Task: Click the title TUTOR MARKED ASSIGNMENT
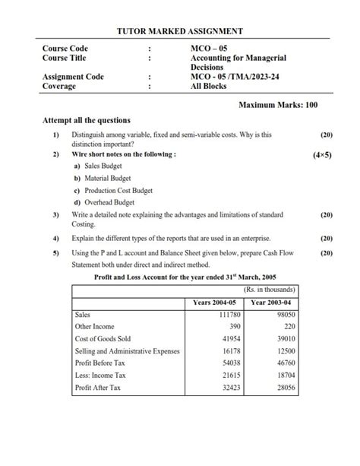pyautogui.click(x=180, y=31)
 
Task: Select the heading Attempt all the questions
pyautogui.click(x=87, y=120)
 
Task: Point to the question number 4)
pyautogui.click(x=56, y=238)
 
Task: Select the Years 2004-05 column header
pyautogui.click(x=216, y=303)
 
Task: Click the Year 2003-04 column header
pyautogui.click(x=273, y=303)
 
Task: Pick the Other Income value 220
pyautogui.click(x=288, y=326)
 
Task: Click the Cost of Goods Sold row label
pyautogui.click(x=103, y=338)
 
